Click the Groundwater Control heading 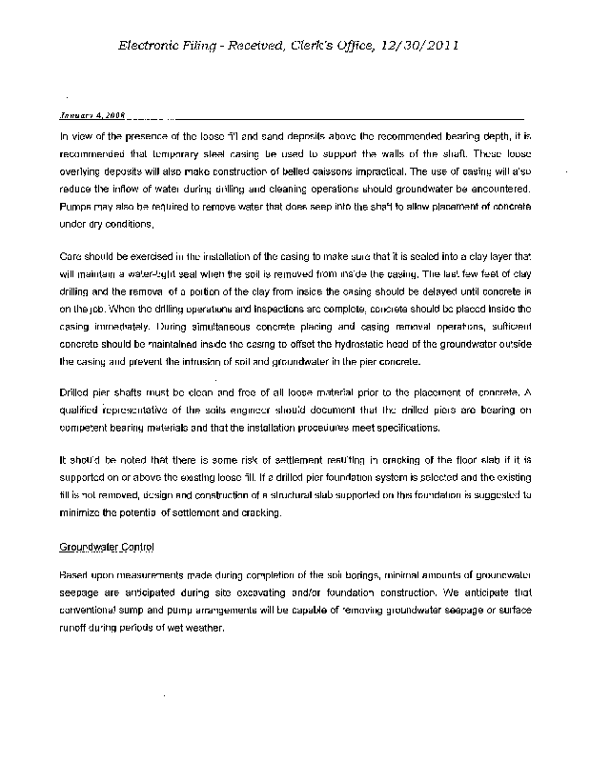pos(107,549)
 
